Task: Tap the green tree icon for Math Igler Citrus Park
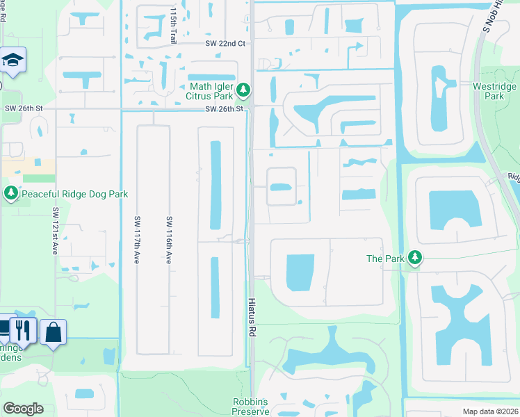click(x=243, y=90)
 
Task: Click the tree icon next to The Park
click(x=414, y=259)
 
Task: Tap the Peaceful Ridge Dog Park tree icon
click(x=10, y=193)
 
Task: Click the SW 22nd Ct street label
click(x=226, y=43)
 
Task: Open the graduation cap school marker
click(x=12, y=60)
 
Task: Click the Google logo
click(x=23, y=409)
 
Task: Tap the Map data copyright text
click(x=491, y=411)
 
